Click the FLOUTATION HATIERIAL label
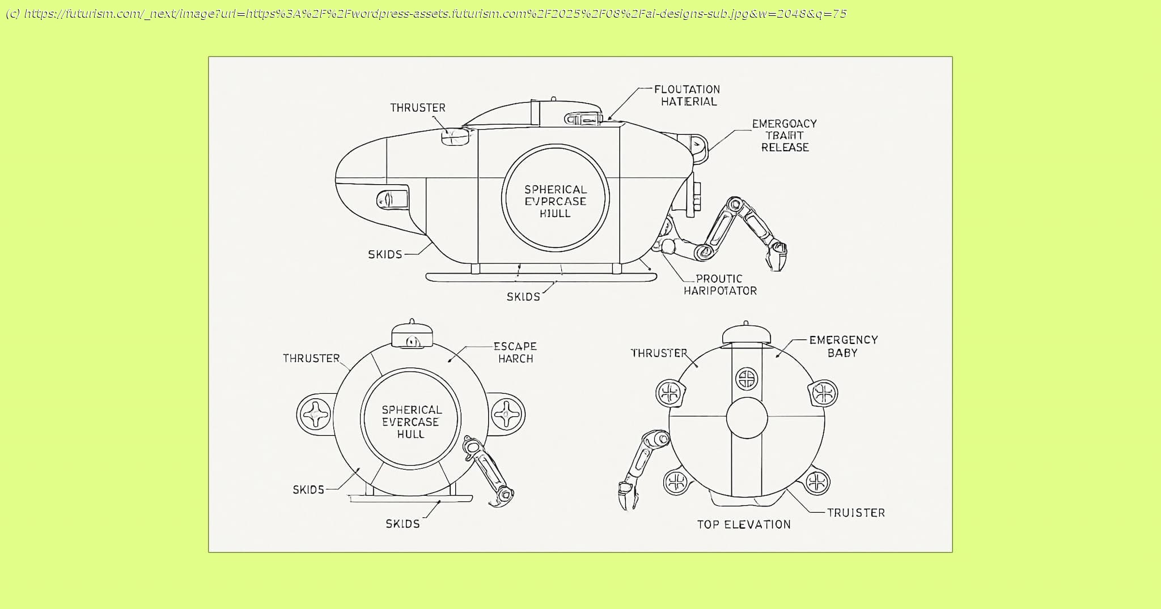688,95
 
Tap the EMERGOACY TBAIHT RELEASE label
785,135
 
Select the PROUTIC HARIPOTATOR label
720,284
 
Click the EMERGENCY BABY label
843,346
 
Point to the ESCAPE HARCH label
515,352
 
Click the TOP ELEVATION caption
744,525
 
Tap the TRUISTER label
855,513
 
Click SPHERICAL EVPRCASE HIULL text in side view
555,201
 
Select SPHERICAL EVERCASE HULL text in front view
410,421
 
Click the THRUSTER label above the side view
418,108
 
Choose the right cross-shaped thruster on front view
507,414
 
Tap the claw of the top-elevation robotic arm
627,496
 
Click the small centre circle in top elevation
747,418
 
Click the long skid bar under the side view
541,277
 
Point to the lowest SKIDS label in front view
402,524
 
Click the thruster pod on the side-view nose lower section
392,199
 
